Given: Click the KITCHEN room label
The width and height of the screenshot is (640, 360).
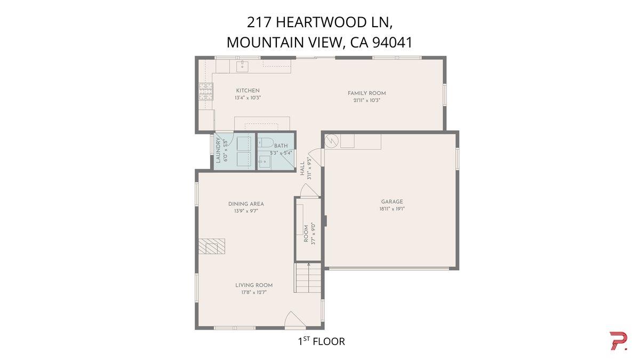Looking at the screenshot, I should click(247, 91).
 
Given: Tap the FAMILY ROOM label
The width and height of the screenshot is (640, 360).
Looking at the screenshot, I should click(366, 93).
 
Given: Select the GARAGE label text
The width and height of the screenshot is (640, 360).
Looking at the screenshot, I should click(392, 202).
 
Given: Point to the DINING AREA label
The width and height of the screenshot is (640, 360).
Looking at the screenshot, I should click(246, 204).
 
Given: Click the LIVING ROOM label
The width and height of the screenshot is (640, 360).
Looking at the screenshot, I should click(254, 285).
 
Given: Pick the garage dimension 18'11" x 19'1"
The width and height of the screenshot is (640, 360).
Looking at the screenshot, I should click(392, 209).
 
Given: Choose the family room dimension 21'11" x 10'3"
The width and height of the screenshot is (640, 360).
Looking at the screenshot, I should click(366, 100).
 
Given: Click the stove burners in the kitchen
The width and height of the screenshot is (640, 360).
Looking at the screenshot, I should click(205, 92).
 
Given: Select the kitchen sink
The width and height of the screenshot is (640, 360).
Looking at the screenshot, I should click(243, 66).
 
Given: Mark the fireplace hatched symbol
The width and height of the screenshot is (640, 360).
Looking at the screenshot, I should click(212, 247).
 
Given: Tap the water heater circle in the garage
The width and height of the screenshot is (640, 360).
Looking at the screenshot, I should click(331, 140).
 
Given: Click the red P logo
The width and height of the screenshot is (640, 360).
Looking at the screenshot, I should click(618, 341).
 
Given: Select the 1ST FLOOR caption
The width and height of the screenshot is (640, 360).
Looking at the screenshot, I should click(321, 341).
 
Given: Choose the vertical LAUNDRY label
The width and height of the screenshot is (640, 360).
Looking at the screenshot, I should click(218, 151).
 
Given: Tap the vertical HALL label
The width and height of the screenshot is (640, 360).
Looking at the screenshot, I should click(302, 169).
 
